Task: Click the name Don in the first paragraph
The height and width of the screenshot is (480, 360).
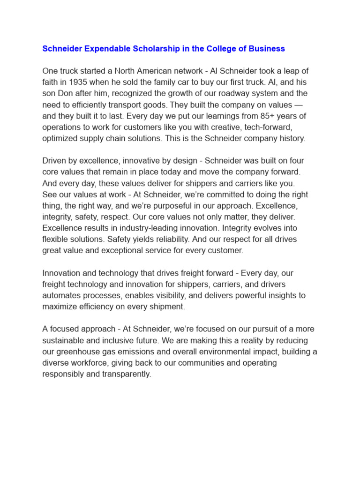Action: (66, 93)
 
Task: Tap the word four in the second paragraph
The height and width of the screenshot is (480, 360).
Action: (295, 160)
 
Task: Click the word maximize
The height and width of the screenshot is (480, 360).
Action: (59, 307)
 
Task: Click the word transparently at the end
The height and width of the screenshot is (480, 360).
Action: (127, 374)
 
